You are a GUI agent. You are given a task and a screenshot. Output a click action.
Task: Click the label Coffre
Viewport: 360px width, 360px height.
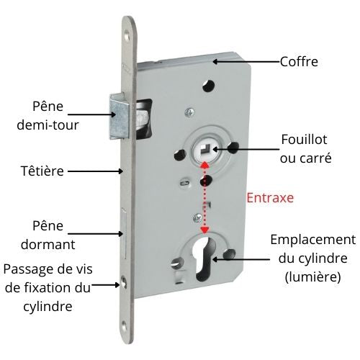pyautogui.click(x=299, y=62)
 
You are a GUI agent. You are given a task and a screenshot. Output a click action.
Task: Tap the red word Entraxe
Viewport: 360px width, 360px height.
pyautogui.click(x=270, y=198)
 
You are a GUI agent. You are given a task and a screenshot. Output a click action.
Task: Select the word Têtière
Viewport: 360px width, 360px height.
pyautogui.click(x=42, y=171)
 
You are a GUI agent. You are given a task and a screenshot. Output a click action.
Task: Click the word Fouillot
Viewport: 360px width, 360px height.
pyautogui.click(x=304, y=139)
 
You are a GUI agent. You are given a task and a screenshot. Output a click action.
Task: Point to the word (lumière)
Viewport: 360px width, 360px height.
pyautogui.click(x=313, y=277)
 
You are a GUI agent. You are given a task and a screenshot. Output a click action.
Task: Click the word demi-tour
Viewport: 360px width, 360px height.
pyautogui.click(x=48, y=125)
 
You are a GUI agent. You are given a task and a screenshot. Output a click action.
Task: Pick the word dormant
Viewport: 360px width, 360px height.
pyautogui.click(x=48, y=244)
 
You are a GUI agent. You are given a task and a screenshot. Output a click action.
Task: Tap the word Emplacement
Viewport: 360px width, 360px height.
pyautogui.click(x=313, y=240)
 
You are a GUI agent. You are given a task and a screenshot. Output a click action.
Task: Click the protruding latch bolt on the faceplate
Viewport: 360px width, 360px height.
pyautogui.click(x=120, y=117)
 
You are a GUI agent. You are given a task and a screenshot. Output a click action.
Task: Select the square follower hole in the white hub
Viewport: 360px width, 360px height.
pyautogui.click(x=205, y=149)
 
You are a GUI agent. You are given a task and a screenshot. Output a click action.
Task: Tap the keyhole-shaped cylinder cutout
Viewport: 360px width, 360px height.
pyautogui.click(x=207, y=258)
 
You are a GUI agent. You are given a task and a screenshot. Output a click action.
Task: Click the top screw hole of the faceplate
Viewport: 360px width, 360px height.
pyautogui.click(x=126, y=37)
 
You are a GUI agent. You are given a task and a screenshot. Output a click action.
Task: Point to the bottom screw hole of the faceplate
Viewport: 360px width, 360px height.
pyautogui.click(x=124, y=327)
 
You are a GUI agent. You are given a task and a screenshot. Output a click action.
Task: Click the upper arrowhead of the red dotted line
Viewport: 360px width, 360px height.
pyautogui.click(x=204, y=164)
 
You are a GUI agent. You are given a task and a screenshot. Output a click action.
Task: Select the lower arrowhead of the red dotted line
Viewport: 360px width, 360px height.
pyautogui.click(x=204, y=230)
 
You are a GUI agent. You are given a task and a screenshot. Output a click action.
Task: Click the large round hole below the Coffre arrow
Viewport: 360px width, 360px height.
pyautogui.click(x=208, y=86)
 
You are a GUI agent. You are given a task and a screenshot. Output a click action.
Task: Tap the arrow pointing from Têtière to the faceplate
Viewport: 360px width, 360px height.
pyautogui.click(x=96, y=171)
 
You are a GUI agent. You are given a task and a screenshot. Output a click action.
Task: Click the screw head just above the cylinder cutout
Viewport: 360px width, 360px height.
pyautogui.click(x=198, y=217)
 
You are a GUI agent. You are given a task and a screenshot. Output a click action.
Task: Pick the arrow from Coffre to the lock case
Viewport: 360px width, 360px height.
pyautogui.click(x=247, y=62)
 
